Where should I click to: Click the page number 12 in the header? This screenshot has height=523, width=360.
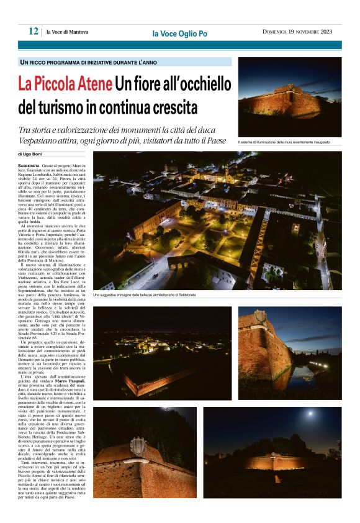(x=33, y=31)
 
